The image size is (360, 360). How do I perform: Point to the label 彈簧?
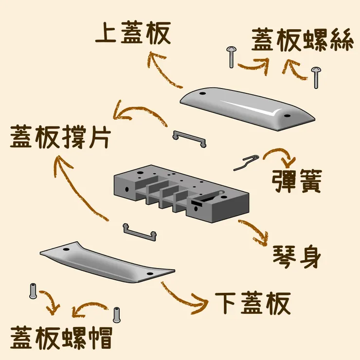[x=296, y=181]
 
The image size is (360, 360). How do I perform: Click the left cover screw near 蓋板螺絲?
[x=231, y=57]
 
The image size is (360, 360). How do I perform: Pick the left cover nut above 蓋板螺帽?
[x=33, y=290]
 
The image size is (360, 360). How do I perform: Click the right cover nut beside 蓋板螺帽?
[x=116, y=314]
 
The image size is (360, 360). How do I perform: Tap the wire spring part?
[x=246, y=162]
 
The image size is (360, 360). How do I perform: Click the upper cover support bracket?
[x=189, y=138]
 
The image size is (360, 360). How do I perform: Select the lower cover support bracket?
[x=140, y=232]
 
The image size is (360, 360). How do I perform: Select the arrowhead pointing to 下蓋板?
[x=203, y=305]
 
